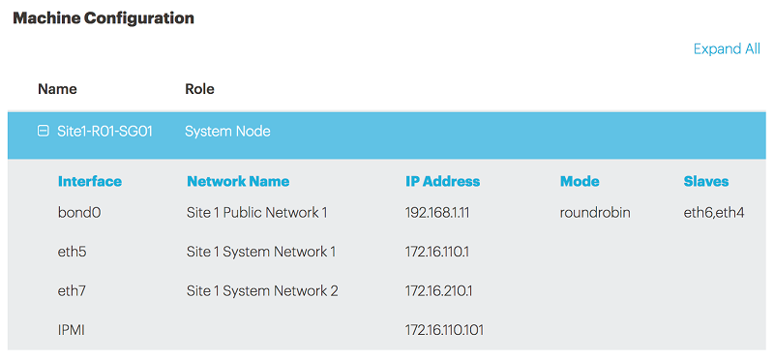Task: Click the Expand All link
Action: (727, 49)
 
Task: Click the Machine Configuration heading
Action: (104, 17)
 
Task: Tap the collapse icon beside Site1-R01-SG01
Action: (43, 131)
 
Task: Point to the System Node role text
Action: (227, 131)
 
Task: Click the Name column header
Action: (57, 89)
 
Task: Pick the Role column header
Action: (199, 89)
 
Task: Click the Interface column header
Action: (90, 181)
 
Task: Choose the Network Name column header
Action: (238, 181)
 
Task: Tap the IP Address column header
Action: (442, 181)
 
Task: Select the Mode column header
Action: (580, 181)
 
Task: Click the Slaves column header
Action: (706, 181)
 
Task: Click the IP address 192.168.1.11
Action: (441, 212)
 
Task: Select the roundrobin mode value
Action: (595, 212)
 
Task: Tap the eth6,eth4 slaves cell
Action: (714, 212)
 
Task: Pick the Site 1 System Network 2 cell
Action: (262, 290)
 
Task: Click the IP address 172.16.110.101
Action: (445, 330)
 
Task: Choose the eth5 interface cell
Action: (73, 252)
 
